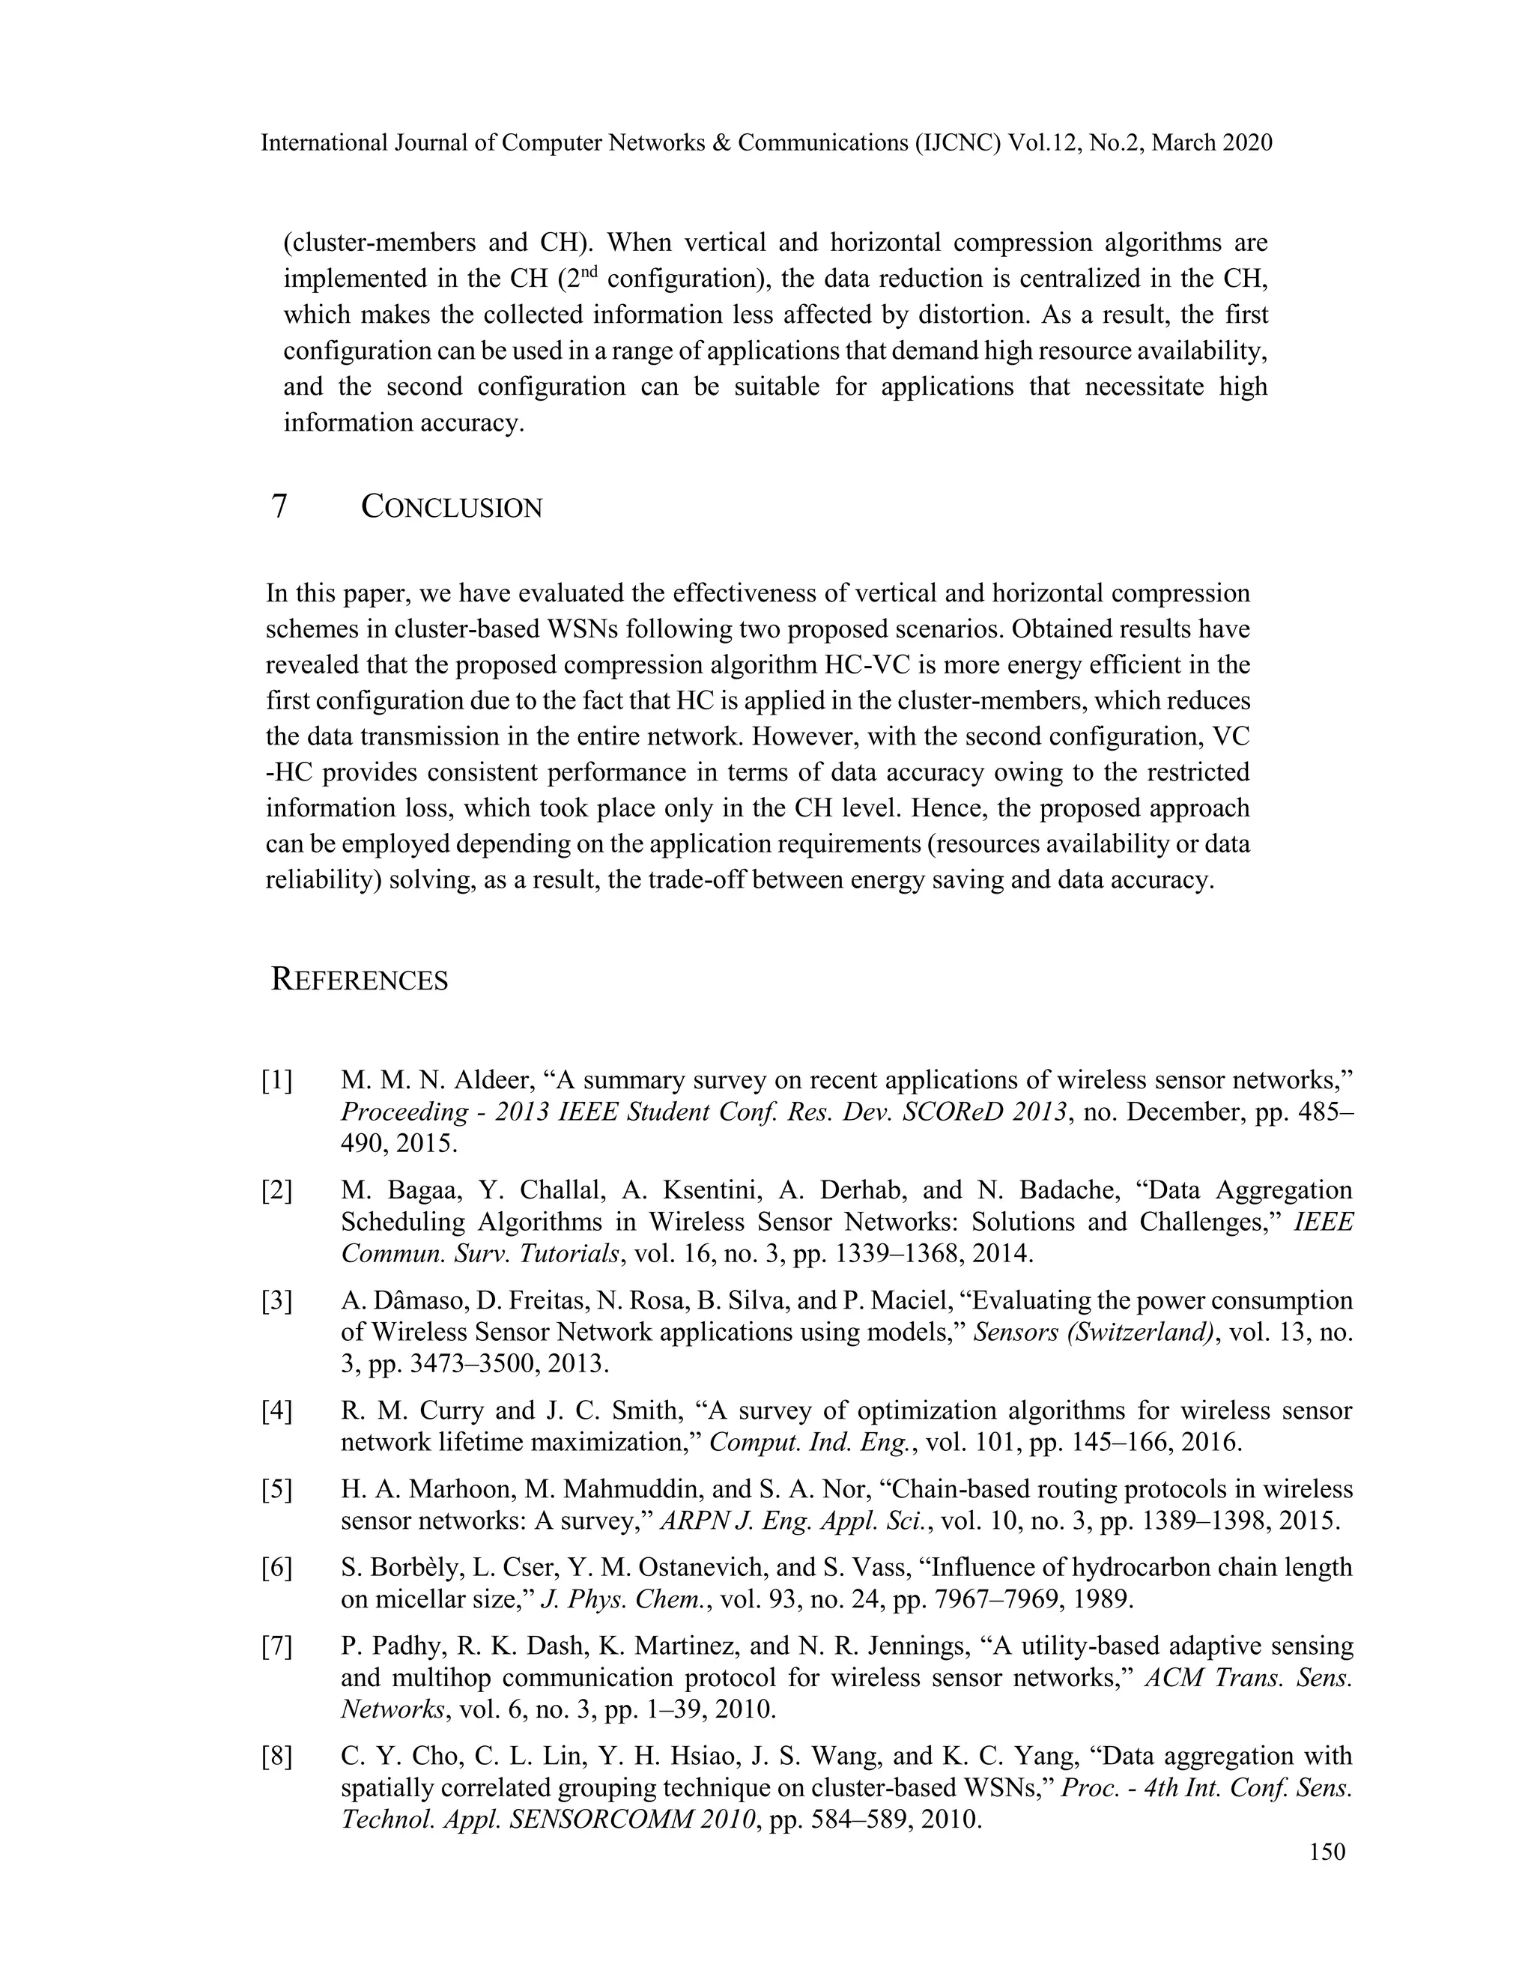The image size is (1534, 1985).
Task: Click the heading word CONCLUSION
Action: tap(452, 507)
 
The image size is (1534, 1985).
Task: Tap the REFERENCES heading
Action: tap(360, 981)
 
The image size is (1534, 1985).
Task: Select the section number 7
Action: tap(280, 506)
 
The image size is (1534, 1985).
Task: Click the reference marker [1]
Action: tap(277, 1081)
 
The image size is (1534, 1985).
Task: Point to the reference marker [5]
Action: tap(277, 1490)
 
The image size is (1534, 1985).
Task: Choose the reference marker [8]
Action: tap(277, 1757)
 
